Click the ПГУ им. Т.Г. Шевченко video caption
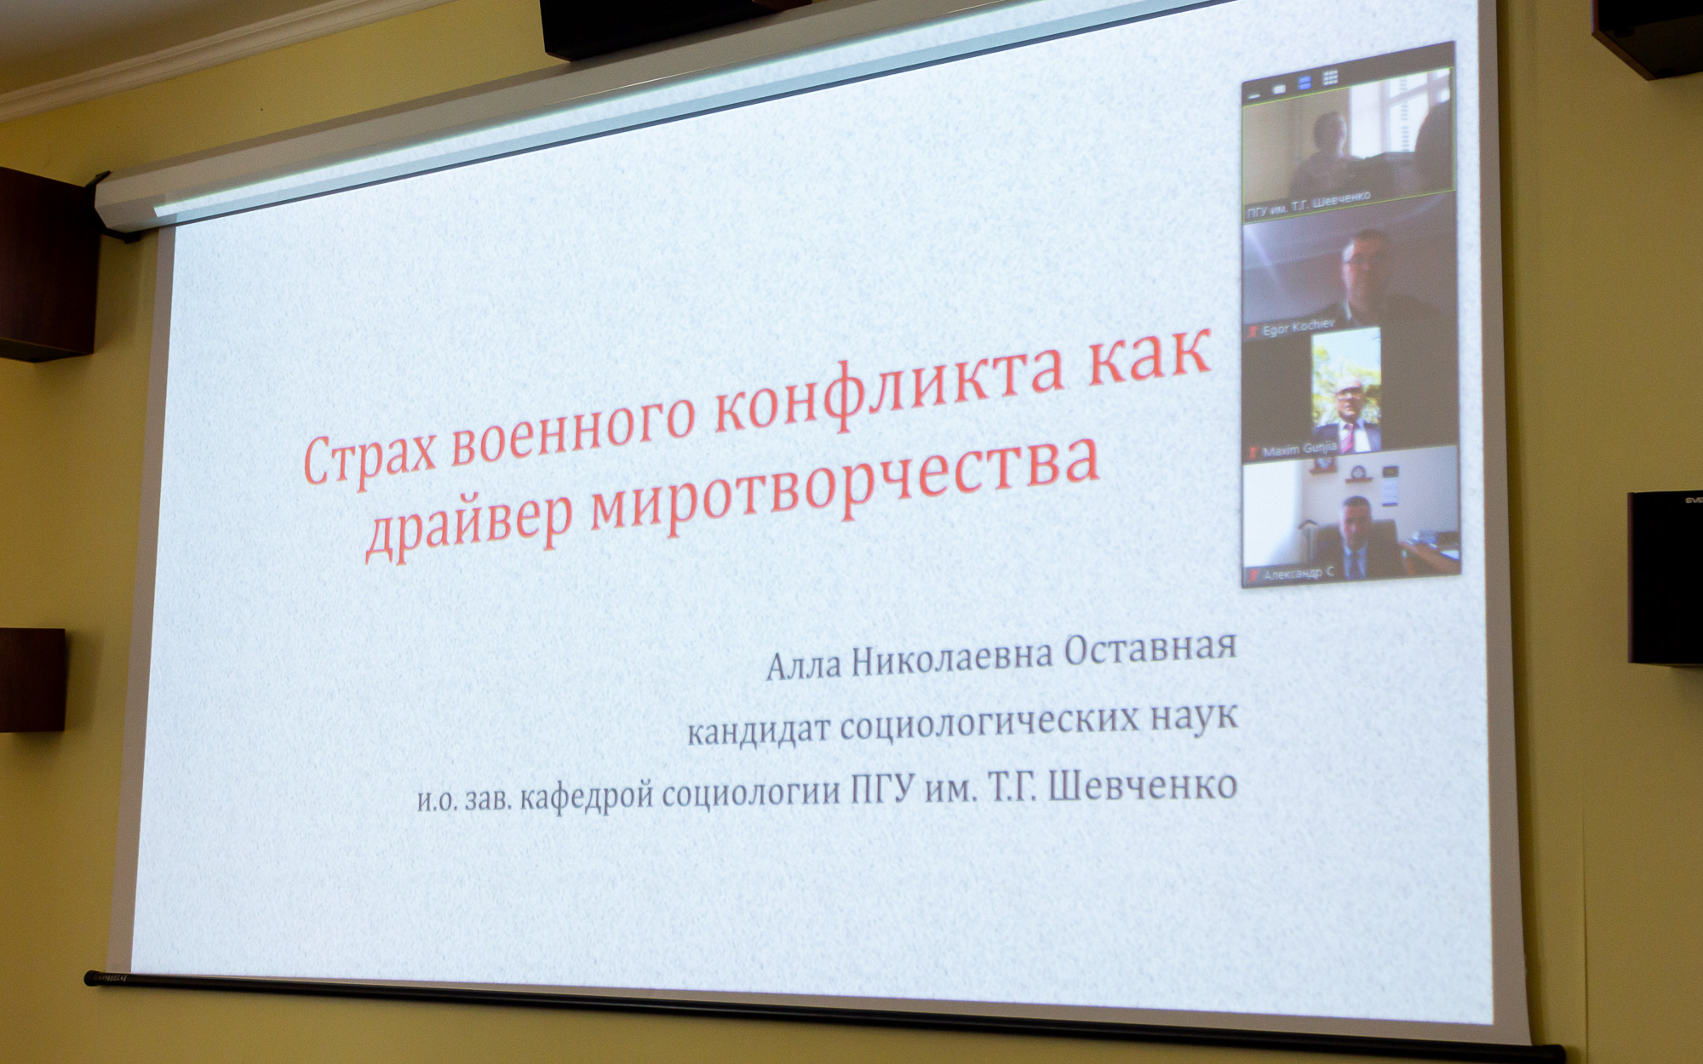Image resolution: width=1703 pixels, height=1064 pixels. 1308,204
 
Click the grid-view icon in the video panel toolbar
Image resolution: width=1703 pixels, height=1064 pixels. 1330,77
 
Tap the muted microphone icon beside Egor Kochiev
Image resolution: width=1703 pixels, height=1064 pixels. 1253,328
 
